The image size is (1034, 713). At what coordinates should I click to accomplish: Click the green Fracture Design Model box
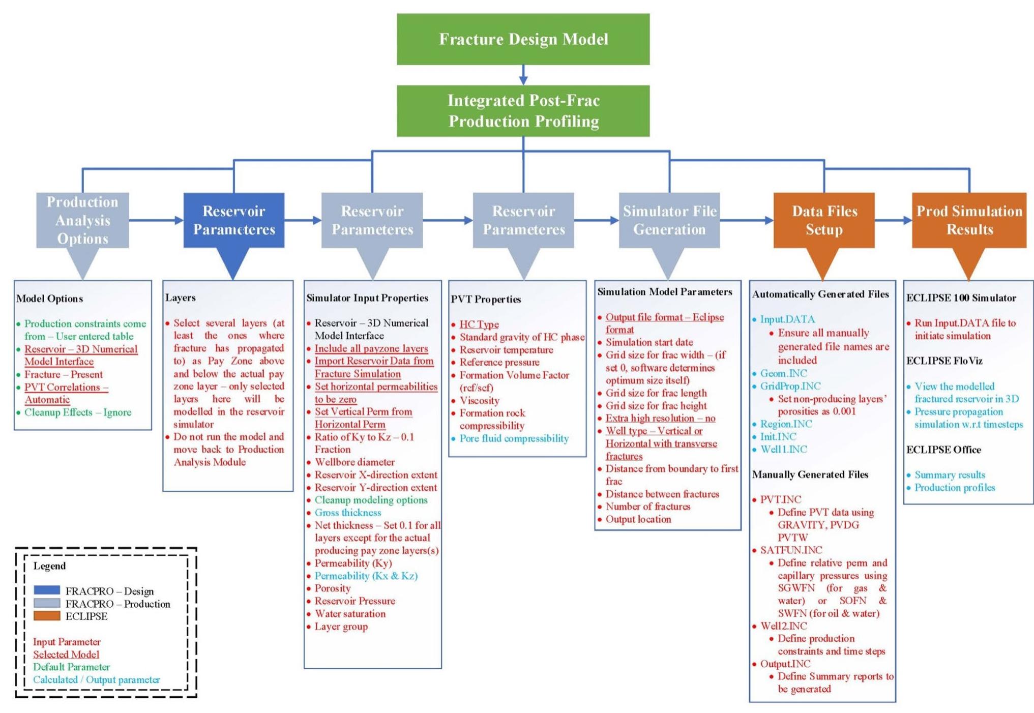pos(523,39)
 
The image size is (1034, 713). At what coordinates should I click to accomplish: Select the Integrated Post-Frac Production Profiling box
pos(523,111)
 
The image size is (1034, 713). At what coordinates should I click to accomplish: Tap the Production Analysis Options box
pos(82,220)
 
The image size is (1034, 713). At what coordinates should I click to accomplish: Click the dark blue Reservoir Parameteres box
pos(233,220)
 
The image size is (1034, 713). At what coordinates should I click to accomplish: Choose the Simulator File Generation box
pos(669,220)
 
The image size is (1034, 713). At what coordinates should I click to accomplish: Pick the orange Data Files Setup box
pos(824,220)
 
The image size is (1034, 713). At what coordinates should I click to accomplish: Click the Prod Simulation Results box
pos(969,220)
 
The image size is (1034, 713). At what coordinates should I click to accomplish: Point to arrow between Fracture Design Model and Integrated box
pos(523,75)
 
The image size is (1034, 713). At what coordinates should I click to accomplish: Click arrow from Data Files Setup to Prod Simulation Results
pos(893,220)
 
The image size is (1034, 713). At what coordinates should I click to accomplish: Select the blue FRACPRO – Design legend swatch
pos(47,590)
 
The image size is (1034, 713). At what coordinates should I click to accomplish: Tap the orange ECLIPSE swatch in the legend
pos(47,616)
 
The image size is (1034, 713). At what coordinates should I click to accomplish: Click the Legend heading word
pos(49,566)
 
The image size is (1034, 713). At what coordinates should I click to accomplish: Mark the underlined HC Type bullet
pos(479,324)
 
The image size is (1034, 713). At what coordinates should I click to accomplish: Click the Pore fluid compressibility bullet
pos(514,438)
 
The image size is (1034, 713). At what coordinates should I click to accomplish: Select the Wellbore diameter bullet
pos(354,462)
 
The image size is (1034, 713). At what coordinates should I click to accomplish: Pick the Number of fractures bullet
pos(647,507)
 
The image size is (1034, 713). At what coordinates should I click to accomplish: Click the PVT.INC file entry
pos(780,499)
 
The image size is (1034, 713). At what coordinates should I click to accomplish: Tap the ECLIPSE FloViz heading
pos(944,361)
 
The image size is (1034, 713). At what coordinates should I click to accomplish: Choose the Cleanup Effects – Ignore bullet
pos(78,412)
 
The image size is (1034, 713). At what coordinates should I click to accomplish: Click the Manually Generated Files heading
pos(810,474)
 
